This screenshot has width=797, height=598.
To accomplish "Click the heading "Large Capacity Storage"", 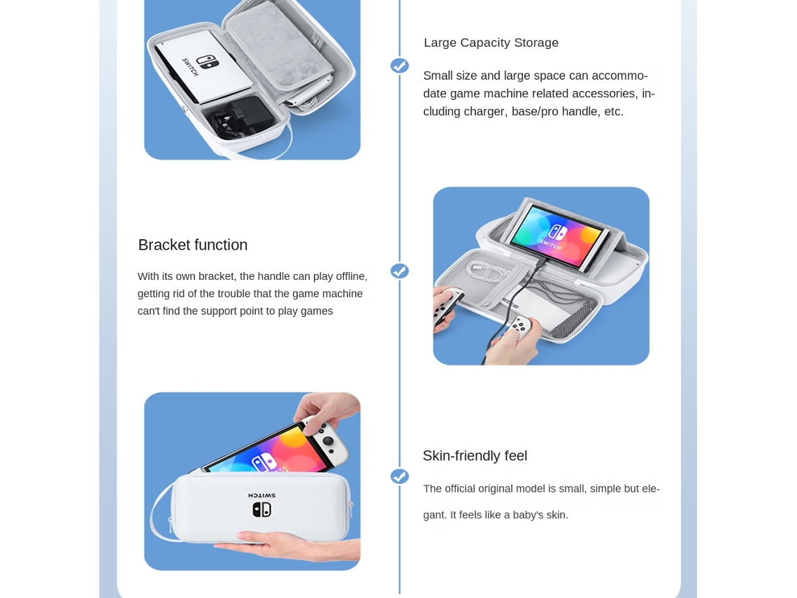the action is point(491,43).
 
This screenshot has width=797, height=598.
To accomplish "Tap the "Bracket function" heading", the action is point(193,245).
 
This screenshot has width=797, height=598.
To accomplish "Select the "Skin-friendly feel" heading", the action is point(475,456).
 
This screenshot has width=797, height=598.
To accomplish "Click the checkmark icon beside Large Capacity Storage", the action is point(399,66).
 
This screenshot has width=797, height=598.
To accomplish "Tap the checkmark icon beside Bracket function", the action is point(399,271).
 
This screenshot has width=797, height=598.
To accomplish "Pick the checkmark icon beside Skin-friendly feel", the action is point(399,476).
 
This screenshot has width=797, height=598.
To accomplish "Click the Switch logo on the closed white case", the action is point(261,509).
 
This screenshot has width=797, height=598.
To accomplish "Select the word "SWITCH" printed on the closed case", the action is point(261,495).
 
